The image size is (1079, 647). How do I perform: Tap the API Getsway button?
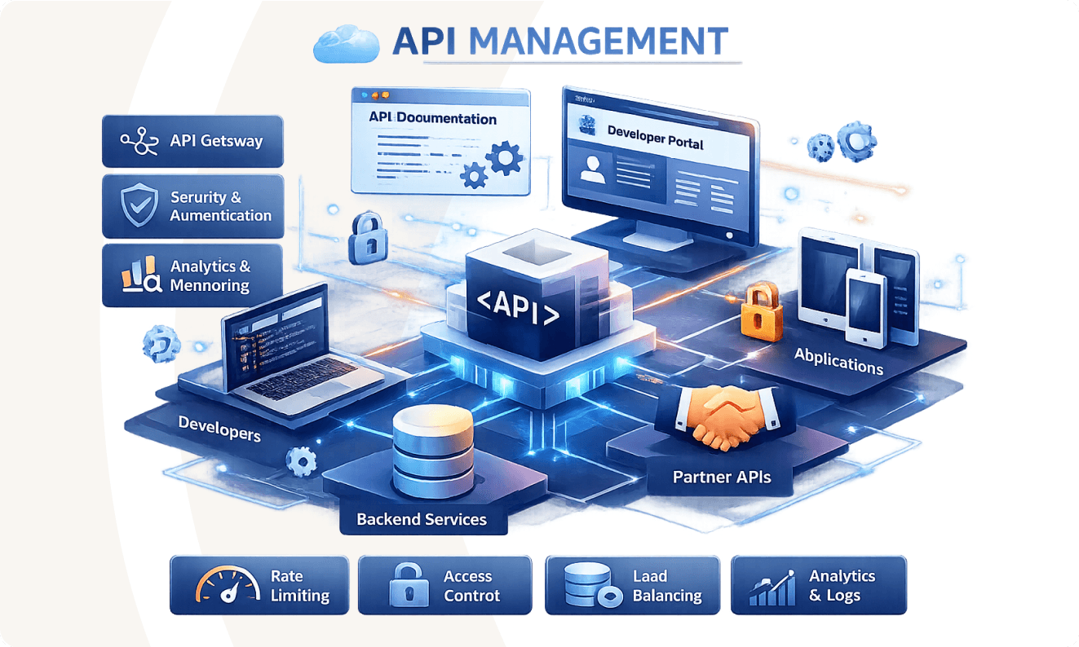click(192, 141)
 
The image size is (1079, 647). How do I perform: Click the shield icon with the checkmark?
click(139, 206)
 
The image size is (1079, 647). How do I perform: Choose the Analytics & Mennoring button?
click(192, 275)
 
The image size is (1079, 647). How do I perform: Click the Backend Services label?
click(422, 519)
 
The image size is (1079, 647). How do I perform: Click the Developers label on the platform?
click(219, 428)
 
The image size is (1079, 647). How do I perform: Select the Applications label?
click(838, 360)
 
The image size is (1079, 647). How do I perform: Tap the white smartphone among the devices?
click(866, 308)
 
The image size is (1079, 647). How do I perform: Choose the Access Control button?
click(444, 585)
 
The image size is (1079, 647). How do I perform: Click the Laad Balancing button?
click(632, 585)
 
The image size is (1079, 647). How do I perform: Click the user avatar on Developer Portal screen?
click(591, 169)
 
